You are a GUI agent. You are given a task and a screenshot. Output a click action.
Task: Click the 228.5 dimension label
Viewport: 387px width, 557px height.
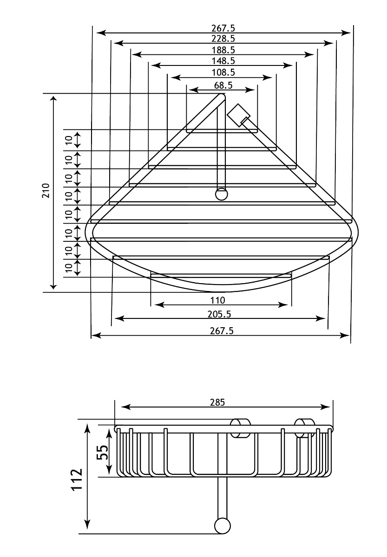[223, 39]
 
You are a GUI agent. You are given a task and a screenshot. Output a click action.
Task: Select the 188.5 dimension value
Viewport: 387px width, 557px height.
[223, 50]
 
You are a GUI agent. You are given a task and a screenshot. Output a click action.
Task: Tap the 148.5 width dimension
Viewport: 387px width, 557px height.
[223, 61]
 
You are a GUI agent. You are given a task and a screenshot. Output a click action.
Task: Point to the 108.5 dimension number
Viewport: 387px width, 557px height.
[223, 72]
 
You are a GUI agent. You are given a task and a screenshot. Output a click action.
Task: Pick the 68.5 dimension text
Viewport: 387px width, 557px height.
[223, 85]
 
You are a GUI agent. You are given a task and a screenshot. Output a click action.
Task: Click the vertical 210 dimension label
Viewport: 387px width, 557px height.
[46, 191]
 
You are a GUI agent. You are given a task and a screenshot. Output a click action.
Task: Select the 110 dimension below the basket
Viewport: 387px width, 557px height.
[217, 300]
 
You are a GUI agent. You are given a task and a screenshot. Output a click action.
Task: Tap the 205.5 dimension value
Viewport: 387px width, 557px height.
[219, 314]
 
